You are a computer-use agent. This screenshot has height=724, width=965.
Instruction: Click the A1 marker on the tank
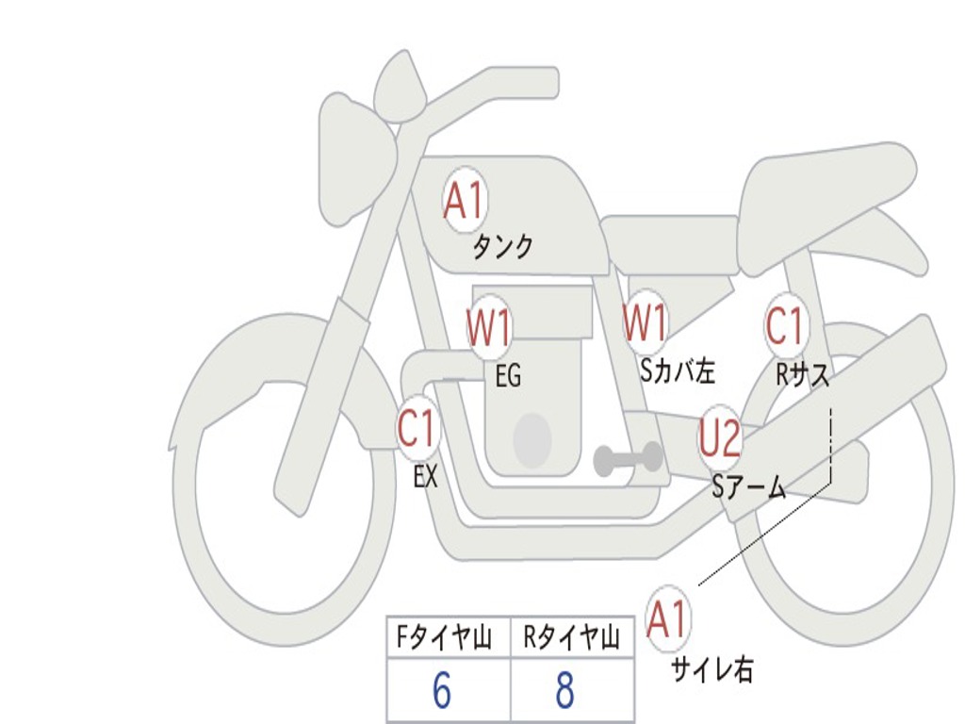click(x=464, y=201)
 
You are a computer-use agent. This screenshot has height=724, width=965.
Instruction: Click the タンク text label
click(x=502, y=247)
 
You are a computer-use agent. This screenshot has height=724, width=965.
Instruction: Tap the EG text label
click(x=508, y=377)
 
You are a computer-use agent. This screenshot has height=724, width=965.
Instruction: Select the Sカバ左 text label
click(x=678, y=371)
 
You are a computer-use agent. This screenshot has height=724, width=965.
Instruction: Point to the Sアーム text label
click(x=749, y=486)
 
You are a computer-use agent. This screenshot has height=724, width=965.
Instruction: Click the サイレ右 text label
click(x=712, y=669)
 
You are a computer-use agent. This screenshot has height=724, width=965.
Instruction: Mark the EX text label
click(x=426, y=477)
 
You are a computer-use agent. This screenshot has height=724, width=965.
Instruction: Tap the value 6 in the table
click(x=442, y=691)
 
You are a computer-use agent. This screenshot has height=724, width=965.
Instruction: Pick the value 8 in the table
click(x=564, y=691)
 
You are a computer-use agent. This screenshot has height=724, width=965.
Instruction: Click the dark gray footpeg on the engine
click(x=628, y=459)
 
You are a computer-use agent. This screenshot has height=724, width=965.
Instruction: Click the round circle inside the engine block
click(x=532, y=439)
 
